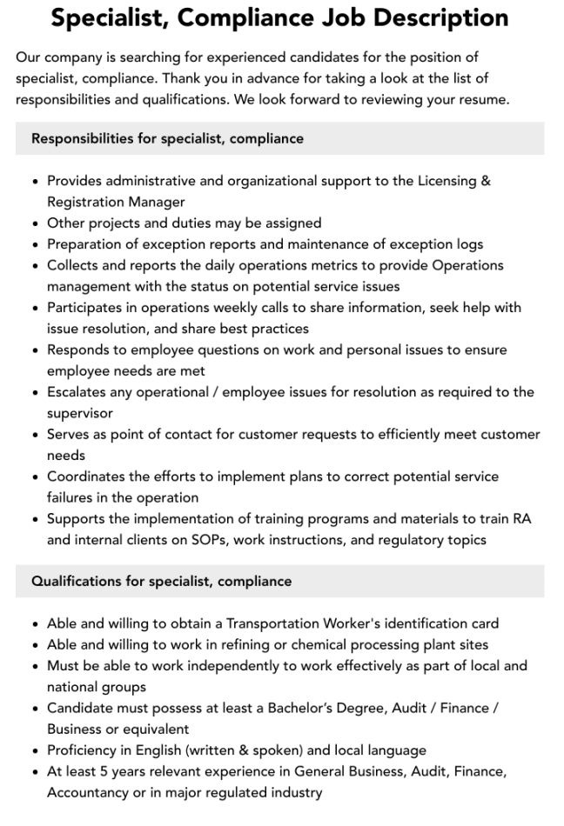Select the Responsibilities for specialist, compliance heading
coord(167,138)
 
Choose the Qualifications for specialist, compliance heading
coord(161,581)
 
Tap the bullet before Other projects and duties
coord(34,223)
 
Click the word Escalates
coord(78,392)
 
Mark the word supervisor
coord(80,413)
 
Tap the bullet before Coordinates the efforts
coord(34,477)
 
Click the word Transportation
coord(281,623)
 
